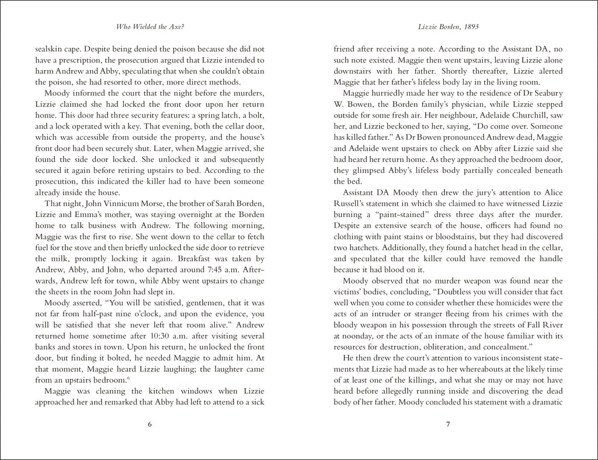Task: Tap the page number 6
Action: tap(149, 424)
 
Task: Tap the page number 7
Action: tap(448, 424)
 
